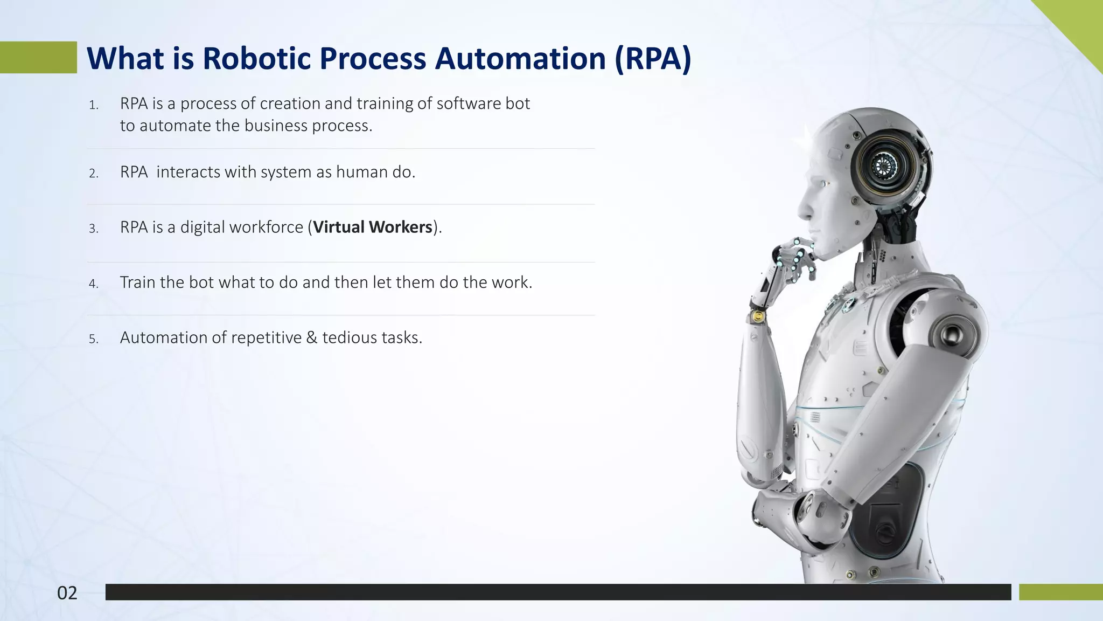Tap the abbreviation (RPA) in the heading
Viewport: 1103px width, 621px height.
[x=653, y=58]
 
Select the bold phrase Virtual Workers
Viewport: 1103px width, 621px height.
[x=373, y=227]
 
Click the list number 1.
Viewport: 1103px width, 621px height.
[x=94, y=105]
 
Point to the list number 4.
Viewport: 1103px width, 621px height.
[x=94, y=284]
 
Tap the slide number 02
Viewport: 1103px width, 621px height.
[x=67, y=593]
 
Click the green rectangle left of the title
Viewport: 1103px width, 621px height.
[x=38, y=57]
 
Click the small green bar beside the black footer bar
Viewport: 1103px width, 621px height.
[x=1060, y=592]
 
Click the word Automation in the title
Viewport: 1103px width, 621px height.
[x=520, y=58]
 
